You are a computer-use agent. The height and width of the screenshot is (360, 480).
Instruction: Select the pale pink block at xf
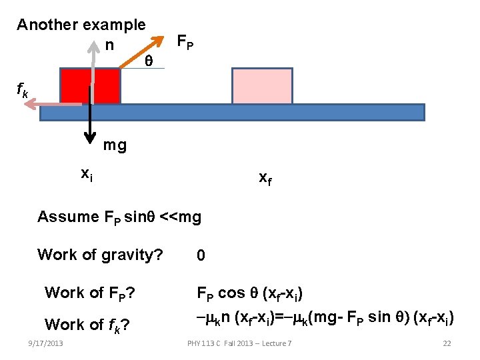pos(262,85)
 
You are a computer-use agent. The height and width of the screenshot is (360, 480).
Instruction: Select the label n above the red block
pos(109,45)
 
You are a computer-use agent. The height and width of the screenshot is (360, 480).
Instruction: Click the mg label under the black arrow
pos(115,145)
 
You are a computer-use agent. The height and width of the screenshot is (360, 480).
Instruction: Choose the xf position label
pos(265,178)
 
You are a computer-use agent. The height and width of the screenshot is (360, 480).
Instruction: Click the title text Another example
pos(81,25)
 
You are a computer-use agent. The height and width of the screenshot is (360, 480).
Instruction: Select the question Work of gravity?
pos(100,254)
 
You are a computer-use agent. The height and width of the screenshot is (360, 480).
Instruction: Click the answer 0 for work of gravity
pos(201,255)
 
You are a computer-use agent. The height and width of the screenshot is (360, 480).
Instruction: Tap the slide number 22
pos(447,343)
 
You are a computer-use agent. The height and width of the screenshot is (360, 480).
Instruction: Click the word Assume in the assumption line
pos(68,217)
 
